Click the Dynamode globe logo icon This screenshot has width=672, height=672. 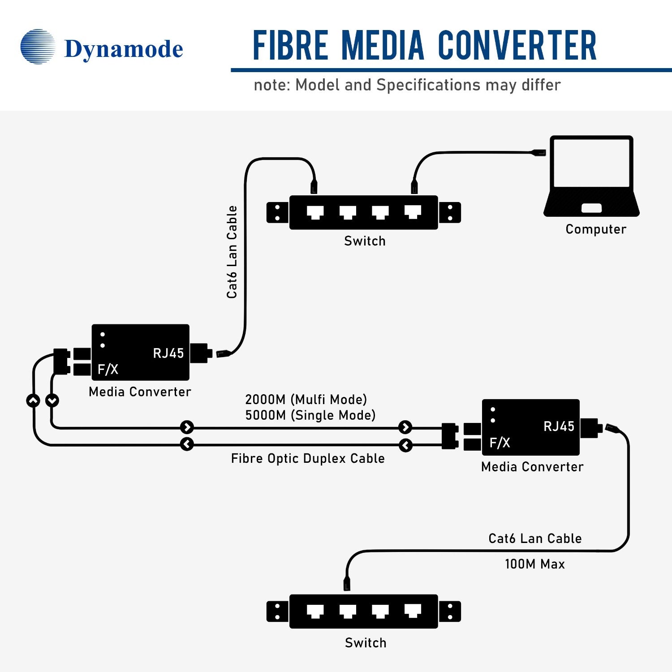click(38, 47)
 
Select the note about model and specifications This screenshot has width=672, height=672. click(407, 85)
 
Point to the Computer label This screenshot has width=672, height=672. click(595, 229)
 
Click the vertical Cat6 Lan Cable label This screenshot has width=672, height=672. click(232, 252)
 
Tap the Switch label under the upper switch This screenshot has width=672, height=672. click(365, 241)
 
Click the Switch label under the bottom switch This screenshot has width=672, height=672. click(366, 643)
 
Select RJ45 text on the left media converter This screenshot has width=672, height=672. click(168, 353)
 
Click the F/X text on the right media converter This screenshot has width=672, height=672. click(500, 443)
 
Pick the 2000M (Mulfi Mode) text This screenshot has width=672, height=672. click(306, 400)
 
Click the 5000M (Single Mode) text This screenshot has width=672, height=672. click(310, 415)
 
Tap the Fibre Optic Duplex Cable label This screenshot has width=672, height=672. click(308, 459)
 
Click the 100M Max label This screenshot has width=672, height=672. click(534, 564)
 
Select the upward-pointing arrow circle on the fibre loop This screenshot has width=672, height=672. click(33, 400)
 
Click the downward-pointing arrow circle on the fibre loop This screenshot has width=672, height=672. click(52, 400)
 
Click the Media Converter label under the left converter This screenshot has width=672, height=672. click(140, 392)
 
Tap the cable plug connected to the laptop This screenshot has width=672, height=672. click(538, 153)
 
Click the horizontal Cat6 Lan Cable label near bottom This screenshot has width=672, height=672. click(535, 538)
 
